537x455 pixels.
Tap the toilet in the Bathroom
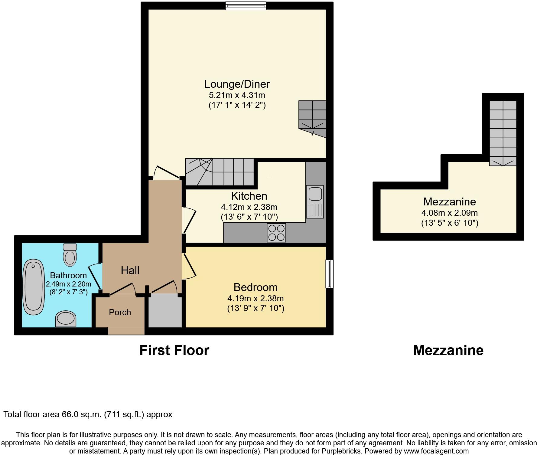pyautogui.click(x=70, y=255)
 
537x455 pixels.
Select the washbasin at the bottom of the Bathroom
pyautogui.click(x=66, y=319)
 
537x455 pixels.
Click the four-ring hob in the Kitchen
pyautogui.click(x=276, y=233)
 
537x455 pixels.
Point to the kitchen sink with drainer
pyautogui.click(x=315, y=201)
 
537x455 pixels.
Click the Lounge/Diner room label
pyautogui.click(x=237, y=84)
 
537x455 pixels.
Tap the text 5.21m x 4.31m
pyautogui.click(x=237, y=95)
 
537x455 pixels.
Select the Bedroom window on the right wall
pyautogui.click(x=330, y=273)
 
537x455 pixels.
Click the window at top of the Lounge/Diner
pyautogui.click(x=246, y=6)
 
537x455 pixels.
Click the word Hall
pyautogui.click(x=130, y=270)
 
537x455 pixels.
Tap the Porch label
pyautogui.click(x=120, y=312)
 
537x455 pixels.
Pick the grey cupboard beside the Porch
pyautogui.click(x=165, y=312)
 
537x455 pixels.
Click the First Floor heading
pyautogui.click(x=174, y=350)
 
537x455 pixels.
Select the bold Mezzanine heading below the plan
pyautogui.click(x=448, y=350)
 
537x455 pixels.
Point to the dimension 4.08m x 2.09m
pyautogui.click(x=449, y=213)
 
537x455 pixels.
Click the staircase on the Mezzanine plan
pyautogui.click(x=503, y=133)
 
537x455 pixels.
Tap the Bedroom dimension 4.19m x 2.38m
pyautogui.click(x=255, y=299)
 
